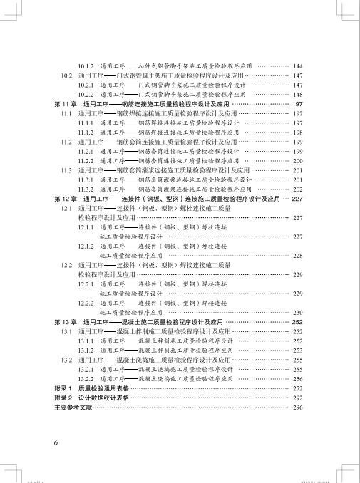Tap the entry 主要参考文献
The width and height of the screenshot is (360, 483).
(x=73, y=407)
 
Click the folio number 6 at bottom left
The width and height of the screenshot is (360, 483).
(x=56, y=442)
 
